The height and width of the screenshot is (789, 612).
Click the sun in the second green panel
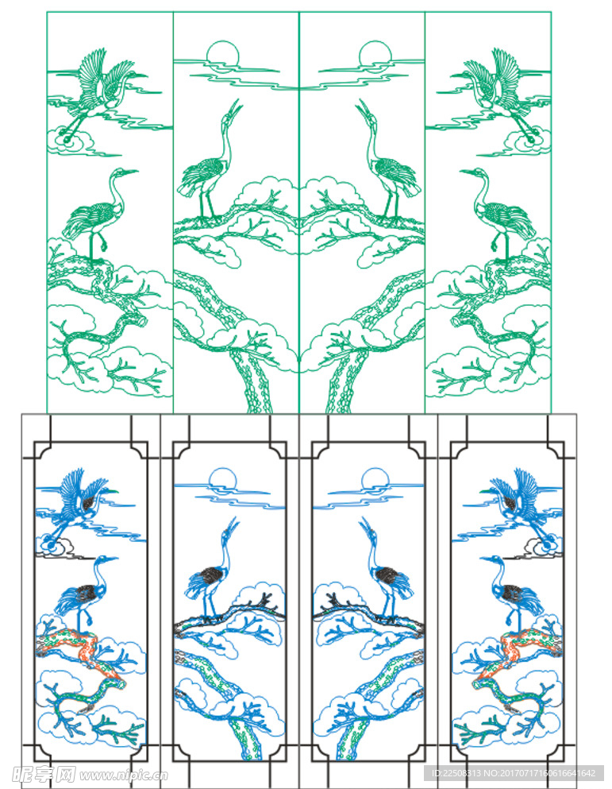pos(222,52)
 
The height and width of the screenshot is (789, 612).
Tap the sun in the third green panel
pos(375,52)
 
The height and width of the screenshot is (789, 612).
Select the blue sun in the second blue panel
pos(222,478)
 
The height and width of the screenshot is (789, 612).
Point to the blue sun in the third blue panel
pos(375,478)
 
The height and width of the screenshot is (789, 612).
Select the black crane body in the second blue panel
pos(210,575)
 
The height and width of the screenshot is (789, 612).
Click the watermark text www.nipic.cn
pos(123,775)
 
